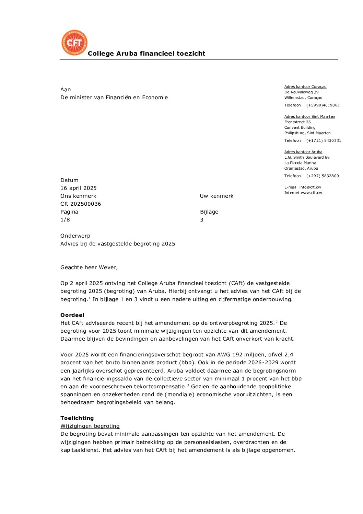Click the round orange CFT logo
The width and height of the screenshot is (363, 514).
point(74,43)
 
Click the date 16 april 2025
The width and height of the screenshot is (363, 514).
point(79,188)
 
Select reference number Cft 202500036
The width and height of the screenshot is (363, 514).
point(81,204)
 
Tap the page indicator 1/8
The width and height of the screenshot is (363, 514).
point(65,220)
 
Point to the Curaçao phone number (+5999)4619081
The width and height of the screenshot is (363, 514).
point(323,105)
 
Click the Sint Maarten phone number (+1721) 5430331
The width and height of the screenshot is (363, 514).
point(324,141)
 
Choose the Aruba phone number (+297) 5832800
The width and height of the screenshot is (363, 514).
point(323,176)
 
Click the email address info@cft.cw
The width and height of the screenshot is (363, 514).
point(310,187)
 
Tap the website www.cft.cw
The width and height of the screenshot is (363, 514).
point(312,193)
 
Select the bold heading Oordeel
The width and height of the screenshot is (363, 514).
point(72,315)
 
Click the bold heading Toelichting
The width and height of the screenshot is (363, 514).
point(77,418)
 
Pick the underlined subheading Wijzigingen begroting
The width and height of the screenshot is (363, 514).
point(90,426)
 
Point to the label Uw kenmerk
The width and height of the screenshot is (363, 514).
point(217,196)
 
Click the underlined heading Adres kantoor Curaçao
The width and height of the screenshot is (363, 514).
point(305,87)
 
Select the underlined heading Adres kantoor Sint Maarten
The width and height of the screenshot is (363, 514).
point(309,117)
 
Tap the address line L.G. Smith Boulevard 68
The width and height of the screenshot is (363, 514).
point(307,158)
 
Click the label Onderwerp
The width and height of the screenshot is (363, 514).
point(75,236)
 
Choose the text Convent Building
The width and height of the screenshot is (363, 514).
point(300,128)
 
